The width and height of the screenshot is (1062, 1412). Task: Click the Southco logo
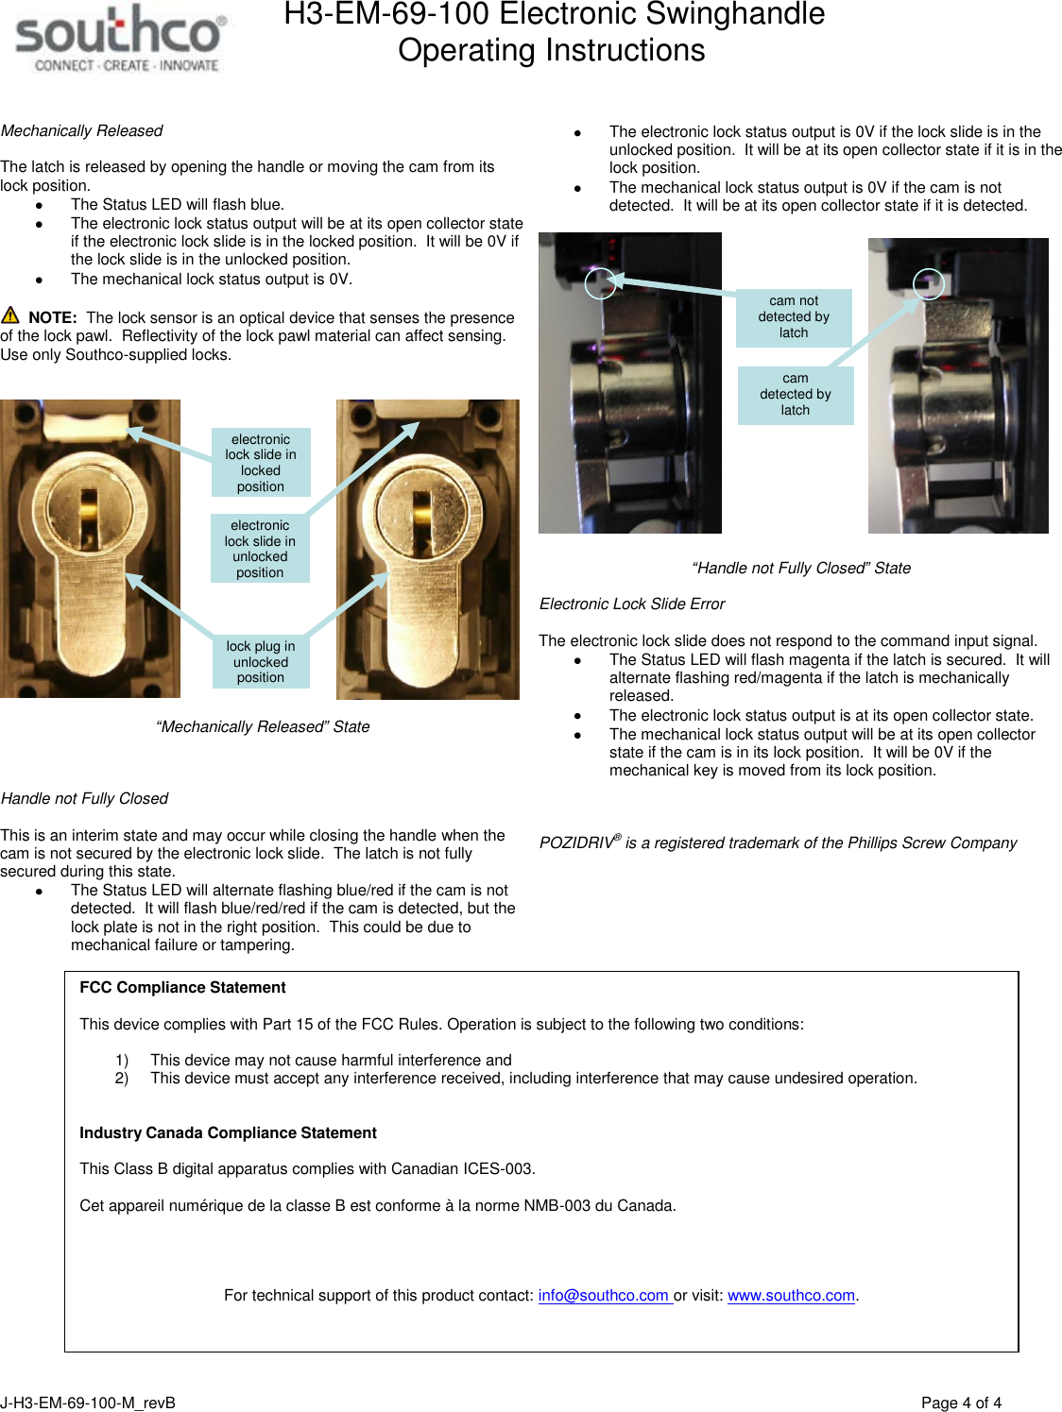120,38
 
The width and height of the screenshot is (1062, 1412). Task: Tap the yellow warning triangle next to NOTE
10,315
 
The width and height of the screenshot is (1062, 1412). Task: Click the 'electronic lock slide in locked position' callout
261,463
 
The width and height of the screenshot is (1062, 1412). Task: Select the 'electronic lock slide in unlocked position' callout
260,549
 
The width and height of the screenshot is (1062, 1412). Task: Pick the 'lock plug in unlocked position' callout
261,662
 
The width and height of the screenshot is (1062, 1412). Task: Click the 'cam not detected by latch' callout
794,317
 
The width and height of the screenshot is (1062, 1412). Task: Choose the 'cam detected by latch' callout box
796,395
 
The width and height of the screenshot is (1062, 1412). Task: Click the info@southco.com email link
604,1296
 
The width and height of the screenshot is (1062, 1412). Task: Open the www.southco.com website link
791,1296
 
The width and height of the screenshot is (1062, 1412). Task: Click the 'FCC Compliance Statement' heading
182,988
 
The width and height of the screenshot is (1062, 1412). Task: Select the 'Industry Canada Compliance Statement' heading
228,1133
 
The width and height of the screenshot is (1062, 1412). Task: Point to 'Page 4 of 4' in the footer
961,1403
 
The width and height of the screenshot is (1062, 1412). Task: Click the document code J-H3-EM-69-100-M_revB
88,1403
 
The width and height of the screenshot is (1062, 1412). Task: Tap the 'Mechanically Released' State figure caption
263,727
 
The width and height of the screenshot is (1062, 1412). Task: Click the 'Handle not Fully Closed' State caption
801,569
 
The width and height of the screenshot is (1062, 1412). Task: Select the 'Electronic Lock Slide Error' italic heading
632,604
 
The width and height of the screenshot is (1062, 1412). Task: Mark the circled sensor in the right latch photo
929,282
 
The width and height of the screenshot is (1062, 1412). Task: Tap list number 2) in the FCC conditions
122,1079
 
